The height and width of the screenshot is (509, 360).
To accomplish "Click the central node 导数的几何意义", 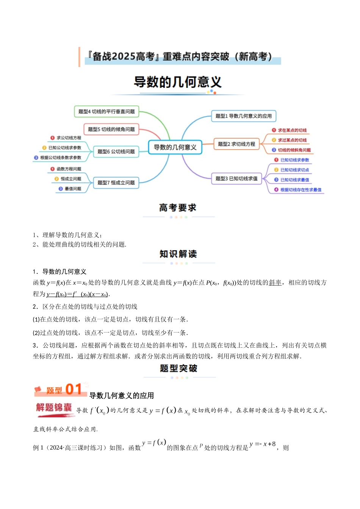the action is [175, 147].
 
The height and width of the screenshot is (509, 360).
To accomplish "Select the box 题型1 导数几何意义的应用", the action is [243, 116].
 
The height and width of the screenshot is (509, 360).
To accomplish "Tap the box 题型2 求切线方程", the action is [236, 144].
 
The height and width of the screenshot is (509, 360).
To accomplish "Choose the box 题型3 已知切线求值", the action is [236, 178].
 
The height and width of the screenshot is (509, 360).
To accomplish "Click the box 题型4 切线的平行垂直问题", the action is [106, 111].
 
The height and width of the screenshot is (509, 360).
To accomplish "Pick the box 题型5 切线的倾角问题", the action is [111, 129].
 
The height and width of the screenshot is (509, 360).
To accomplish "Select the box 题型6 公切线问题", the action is [116, 151].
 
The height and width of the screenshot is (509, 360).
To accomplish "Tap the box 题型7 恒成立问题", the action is [116, 183].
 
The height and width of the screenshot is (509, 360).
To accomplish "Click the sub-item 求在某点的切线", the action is [292, 130].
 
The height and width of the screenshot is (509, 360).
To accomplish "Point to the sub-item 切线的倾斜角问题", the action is [294, 150].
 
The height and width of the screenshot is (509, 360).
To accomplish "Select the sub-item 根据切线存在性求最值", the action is [301, 190].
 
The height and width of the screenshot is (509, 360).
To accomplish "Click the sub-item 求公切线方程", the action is [69, 138].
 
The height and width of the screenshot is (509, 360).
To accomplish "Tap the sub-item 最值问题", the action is [73, 189].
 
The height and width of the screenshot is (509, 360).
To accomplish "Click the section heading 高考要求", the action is [178, 208].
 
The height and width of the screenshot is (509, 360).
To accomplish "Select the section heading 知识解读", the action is [178, 254].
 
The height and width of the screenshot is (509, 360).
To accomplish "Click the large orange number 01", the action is [74, 389].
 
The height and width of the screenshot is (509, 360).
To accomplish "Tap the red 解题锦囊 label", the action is [54, 408].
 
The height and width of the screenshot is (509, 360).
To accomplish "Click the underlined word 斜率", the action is [275, 283].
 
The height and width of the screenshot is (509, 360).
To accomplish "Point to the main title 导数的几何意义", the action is [178, 82].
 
